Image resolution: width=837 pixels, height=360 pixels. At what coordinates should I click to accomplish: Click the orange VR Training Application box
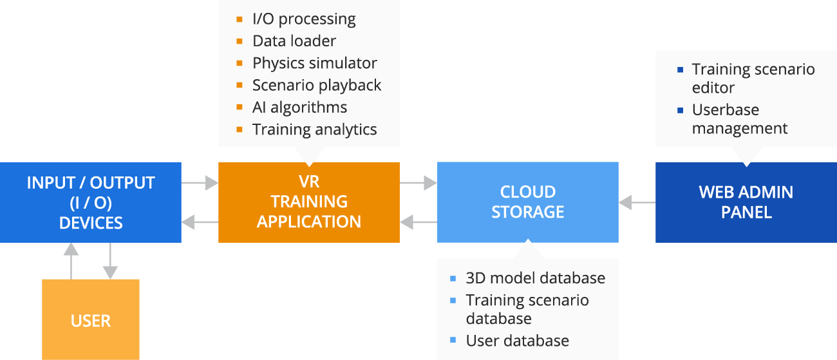point(309,202)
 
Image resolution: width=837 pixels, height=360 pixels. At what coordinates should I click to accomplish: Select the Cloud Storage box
point(528,202)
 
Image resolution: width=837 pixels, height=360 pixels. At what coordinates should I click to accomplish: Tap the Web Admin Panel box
point(746,202)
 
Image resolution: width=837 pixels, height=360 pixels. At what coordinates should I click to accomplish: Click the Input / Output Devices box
point(91,202)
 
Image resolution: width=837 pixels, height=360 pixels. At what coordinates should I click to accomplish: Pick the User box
point(91,320)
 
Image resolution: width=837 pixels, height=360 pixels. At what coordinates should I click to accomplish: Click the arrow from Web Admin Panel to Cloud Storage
point(637,203)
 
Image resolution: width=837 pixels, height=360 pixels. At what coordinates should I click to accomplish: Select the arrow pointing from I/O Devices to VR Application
point(200,183)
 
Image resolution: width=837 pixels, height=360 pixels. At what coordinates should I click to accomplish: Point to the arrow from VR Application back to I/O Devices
point(200,223)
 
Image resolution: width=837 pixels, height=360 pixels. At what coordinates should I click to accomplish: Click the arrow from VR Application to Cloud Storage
point(418,183)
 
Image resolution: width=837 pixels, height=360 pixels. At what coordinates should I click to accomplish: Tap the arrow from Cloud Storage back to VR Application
point(418,223)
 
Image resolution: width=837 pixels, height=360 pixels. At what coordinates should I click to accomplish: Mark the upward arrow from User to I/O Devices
point(71,260)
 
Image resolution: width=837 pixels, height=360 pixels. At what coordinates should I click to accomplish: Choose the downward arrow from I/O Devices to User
point(111,260)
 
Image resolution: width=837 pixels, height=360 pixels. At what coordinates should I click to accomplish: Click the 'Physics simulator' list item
point(314,63)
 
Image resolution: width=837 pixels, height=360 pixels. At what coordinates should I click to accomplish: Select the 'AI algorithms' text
point(299,107)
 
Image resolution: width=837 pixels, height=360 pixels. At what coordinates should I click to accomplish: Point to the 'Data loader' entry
point(294,41)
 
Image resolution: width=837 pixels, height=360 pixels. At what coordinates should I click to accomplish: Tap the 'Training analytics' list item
point(314,129)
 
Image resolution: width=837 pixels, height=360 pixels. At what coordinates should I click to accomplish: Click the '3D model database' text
point(535,278)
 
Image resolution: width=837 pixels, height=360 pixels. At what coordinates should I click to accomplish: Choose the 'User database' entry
point(517,341)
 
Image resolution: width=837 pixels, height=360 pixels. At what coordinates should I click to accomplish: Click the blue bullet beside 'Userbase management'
point(681,110)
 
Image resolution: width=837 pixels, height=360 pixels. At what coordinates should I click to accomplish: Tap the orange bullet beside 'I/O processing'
point(240,19)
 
